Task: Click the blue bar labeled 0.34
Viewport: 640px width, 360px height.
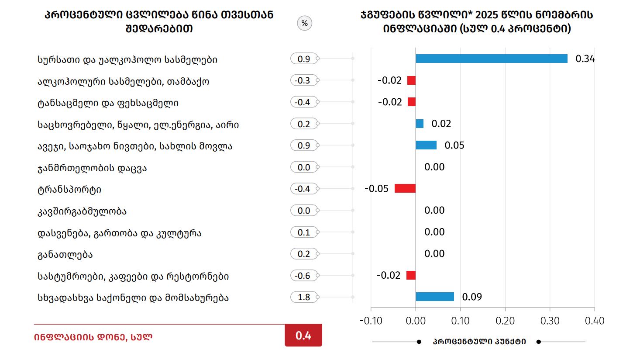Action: click(x=491, y=59)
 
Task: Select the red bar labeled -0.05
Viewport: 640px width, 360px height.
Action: click(x=405, y=188)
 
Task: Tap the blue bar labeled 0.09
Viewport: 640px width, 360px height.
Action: click(x=434, y=297)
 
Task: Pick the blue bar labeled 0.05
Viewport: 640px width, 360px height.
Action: click(x=426, y=145)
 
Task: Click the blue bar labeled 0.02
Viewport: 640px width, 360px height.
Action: click(x=420, y=124)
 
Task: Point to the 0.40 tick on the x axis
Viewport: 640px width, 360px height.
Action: click(x=595, y=321)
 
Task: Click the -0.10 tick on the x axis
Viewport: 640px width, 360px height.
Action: click(x=371, y=321)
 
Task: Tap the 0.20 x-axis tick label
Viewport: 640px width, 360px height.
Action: click(x=505, y=321)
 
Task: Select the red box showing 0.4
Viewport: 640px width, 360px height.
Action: click(x=303, y=336)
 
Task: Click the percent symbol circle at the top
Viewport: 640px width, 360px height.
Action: click(x=305, y=23)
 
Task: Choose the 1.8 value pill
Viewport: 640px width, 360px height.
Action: click(x=304, y=298)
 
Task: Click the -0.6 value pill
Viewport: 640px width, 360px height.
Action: click(x=303, y=276)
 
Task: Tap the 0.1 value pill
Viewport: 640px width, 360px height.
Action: click(x=304, y=232)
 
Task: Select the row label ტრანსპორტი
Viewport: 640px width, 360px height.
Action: click(x=69, y=190)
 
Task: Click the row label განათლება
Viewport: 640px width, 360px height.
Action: click(x=65, y=255)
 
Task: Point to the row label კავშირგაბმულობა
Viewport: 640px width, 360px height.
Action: click(x=82, y=211)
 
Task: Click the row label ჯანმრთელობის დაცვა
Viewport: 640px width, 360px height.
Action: click(x=92, y=168)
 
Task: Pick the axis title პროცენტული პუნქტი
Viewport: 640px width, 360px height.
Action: click(x=479, y=342)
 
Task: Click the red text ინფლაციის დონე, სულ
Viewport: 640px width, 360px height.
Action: click(x=93, y=337)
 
